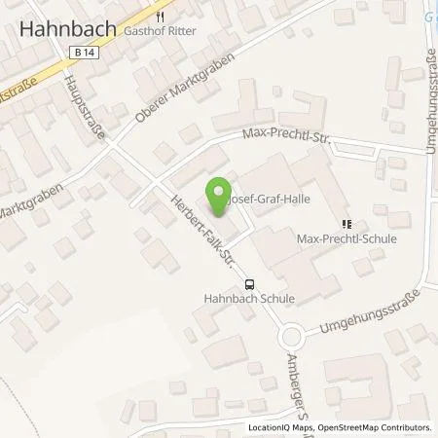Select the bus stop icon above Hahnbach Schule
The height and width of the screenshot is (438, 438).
[251, 284]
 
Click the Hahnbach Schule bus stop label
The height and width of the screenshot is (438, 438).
[251, 301]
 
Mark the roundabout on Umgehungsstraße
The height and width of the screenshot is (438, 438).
[289, 338]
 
